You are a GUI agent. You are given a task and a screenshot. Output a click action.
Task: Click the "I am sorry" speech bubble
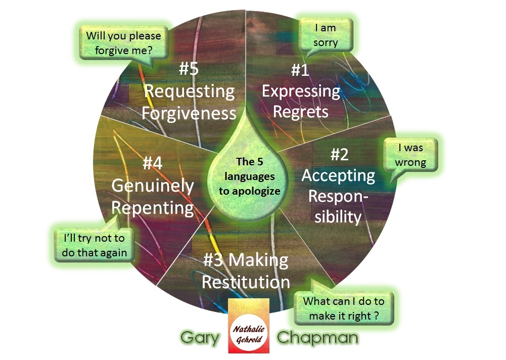(x=325, y=35)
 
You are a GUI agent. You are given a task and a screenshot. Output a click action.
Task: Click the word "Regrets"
(x=300, y=111)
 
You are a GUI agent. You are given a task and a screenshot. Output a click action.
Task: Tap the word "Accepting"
(x=338, y=176)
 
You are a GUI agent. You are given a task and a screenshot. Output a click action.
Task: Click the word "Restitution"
(x=246, y=281)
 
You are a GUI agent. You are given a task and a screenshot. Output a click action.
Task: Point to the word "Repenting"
(x=153, y=208)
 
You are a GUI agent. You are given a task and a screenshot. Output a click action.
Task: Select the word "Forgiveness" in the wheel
(x=189, y=113)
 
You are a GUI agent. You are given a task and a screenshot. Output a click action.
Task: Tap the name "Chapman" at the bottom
(x=318, y=338)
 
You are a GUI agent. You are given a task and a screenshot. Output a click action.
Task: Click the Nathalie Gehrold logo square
(x=248, y=326)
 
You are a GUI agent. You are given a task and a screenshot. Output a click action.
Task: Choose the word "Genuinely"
(x=153, y=186)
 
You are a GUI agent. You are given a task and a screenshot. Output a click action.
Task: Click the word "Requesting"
(x=190, y=92)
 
